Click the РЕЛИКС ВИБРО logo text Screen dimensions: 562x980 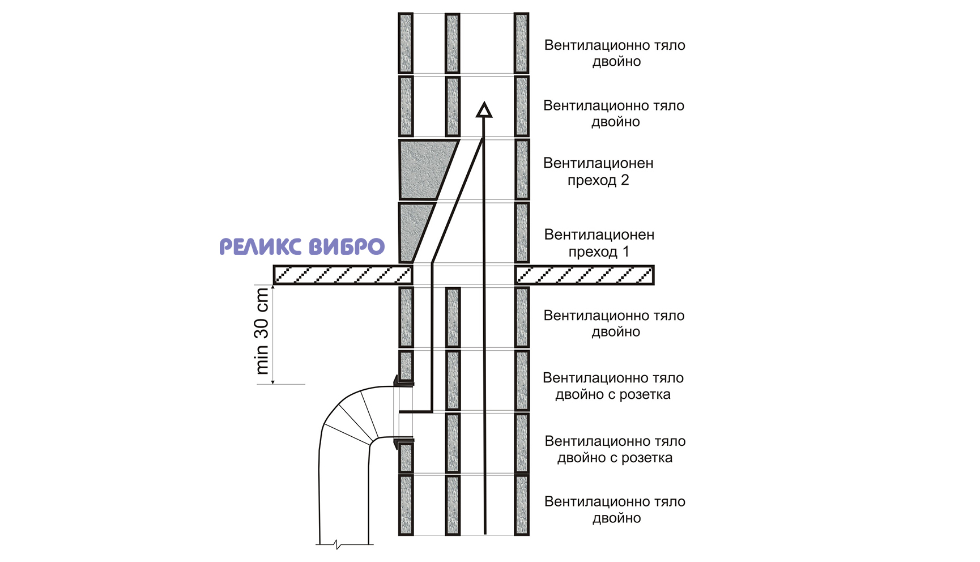point(302,247)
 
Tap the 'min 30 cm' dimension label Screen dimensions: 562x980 point(262,331)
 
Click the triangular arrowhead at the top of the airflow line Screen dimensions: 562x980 point(483,110)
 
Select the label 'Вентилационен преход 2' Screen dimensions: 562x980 point(598,172)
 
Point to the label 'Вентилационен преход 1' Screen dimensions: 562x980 point(599,243)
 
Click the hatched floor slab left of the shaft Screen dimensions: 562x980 point(343,275)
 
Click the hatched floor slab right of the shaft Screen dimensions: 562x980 point(584,275)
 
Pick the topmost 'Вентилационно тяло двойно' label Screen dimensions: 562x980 point(615,53)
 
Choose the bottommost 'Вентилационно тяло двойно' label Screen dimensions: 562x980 point(615,510)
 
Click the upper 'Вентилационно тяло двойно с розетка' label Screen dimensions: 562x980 point(613,386)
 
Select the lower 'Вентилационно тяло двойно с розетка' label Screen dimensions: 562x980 point(615,449)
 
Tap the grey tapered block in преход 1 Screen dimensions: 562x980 point(412,229)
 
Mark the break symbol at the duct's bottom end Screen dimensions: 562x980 point(338,545)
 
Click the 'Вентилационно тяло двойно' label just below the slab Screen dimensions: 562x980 point(614,323)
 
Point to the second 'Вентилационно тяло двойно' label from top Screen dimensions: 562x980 point(613,113)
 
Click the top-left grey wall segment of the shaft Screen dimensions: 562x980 point(406,43)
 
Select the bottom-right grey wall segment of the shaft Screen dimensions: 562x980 point(521,505)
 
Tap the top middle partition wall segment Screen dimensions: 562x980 point(452,43)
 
